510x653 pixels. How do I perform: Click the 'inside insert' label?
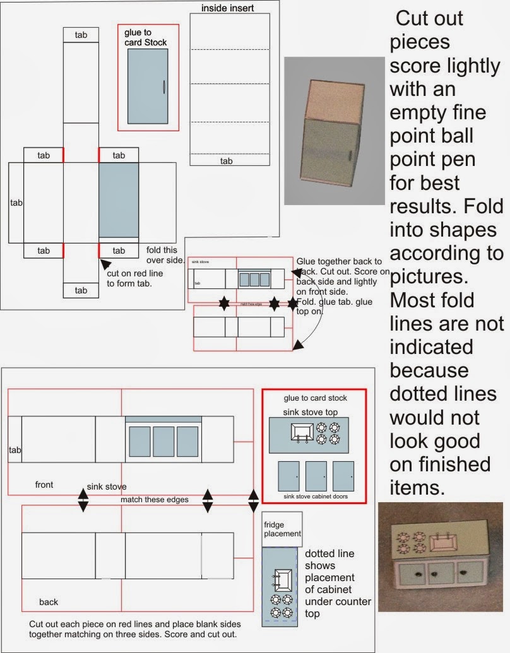[x=228, y=8]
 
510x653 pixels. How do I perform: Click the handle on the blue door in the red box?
[x=164, y=87]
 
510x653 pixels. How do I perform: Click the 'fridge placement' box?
[x=282, y=529]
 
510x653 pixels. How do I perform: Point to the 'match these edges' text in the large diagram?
[x=155, y=500]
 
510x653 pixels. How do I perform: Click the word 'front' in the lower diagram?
[x=44, y=485]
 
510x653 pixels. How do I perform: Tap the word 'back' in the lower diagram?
[x=49, y=602]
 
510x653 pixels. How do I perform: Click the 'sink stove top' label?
[x=311, y=412]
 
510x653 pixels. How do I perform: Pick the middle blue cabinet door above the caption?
[x=316, y=476]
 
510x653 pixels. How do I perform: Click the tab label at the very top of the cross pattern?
[x=81, y=35]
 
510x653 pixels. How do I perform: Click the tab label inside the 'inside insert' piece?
[x=226, y=161]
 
